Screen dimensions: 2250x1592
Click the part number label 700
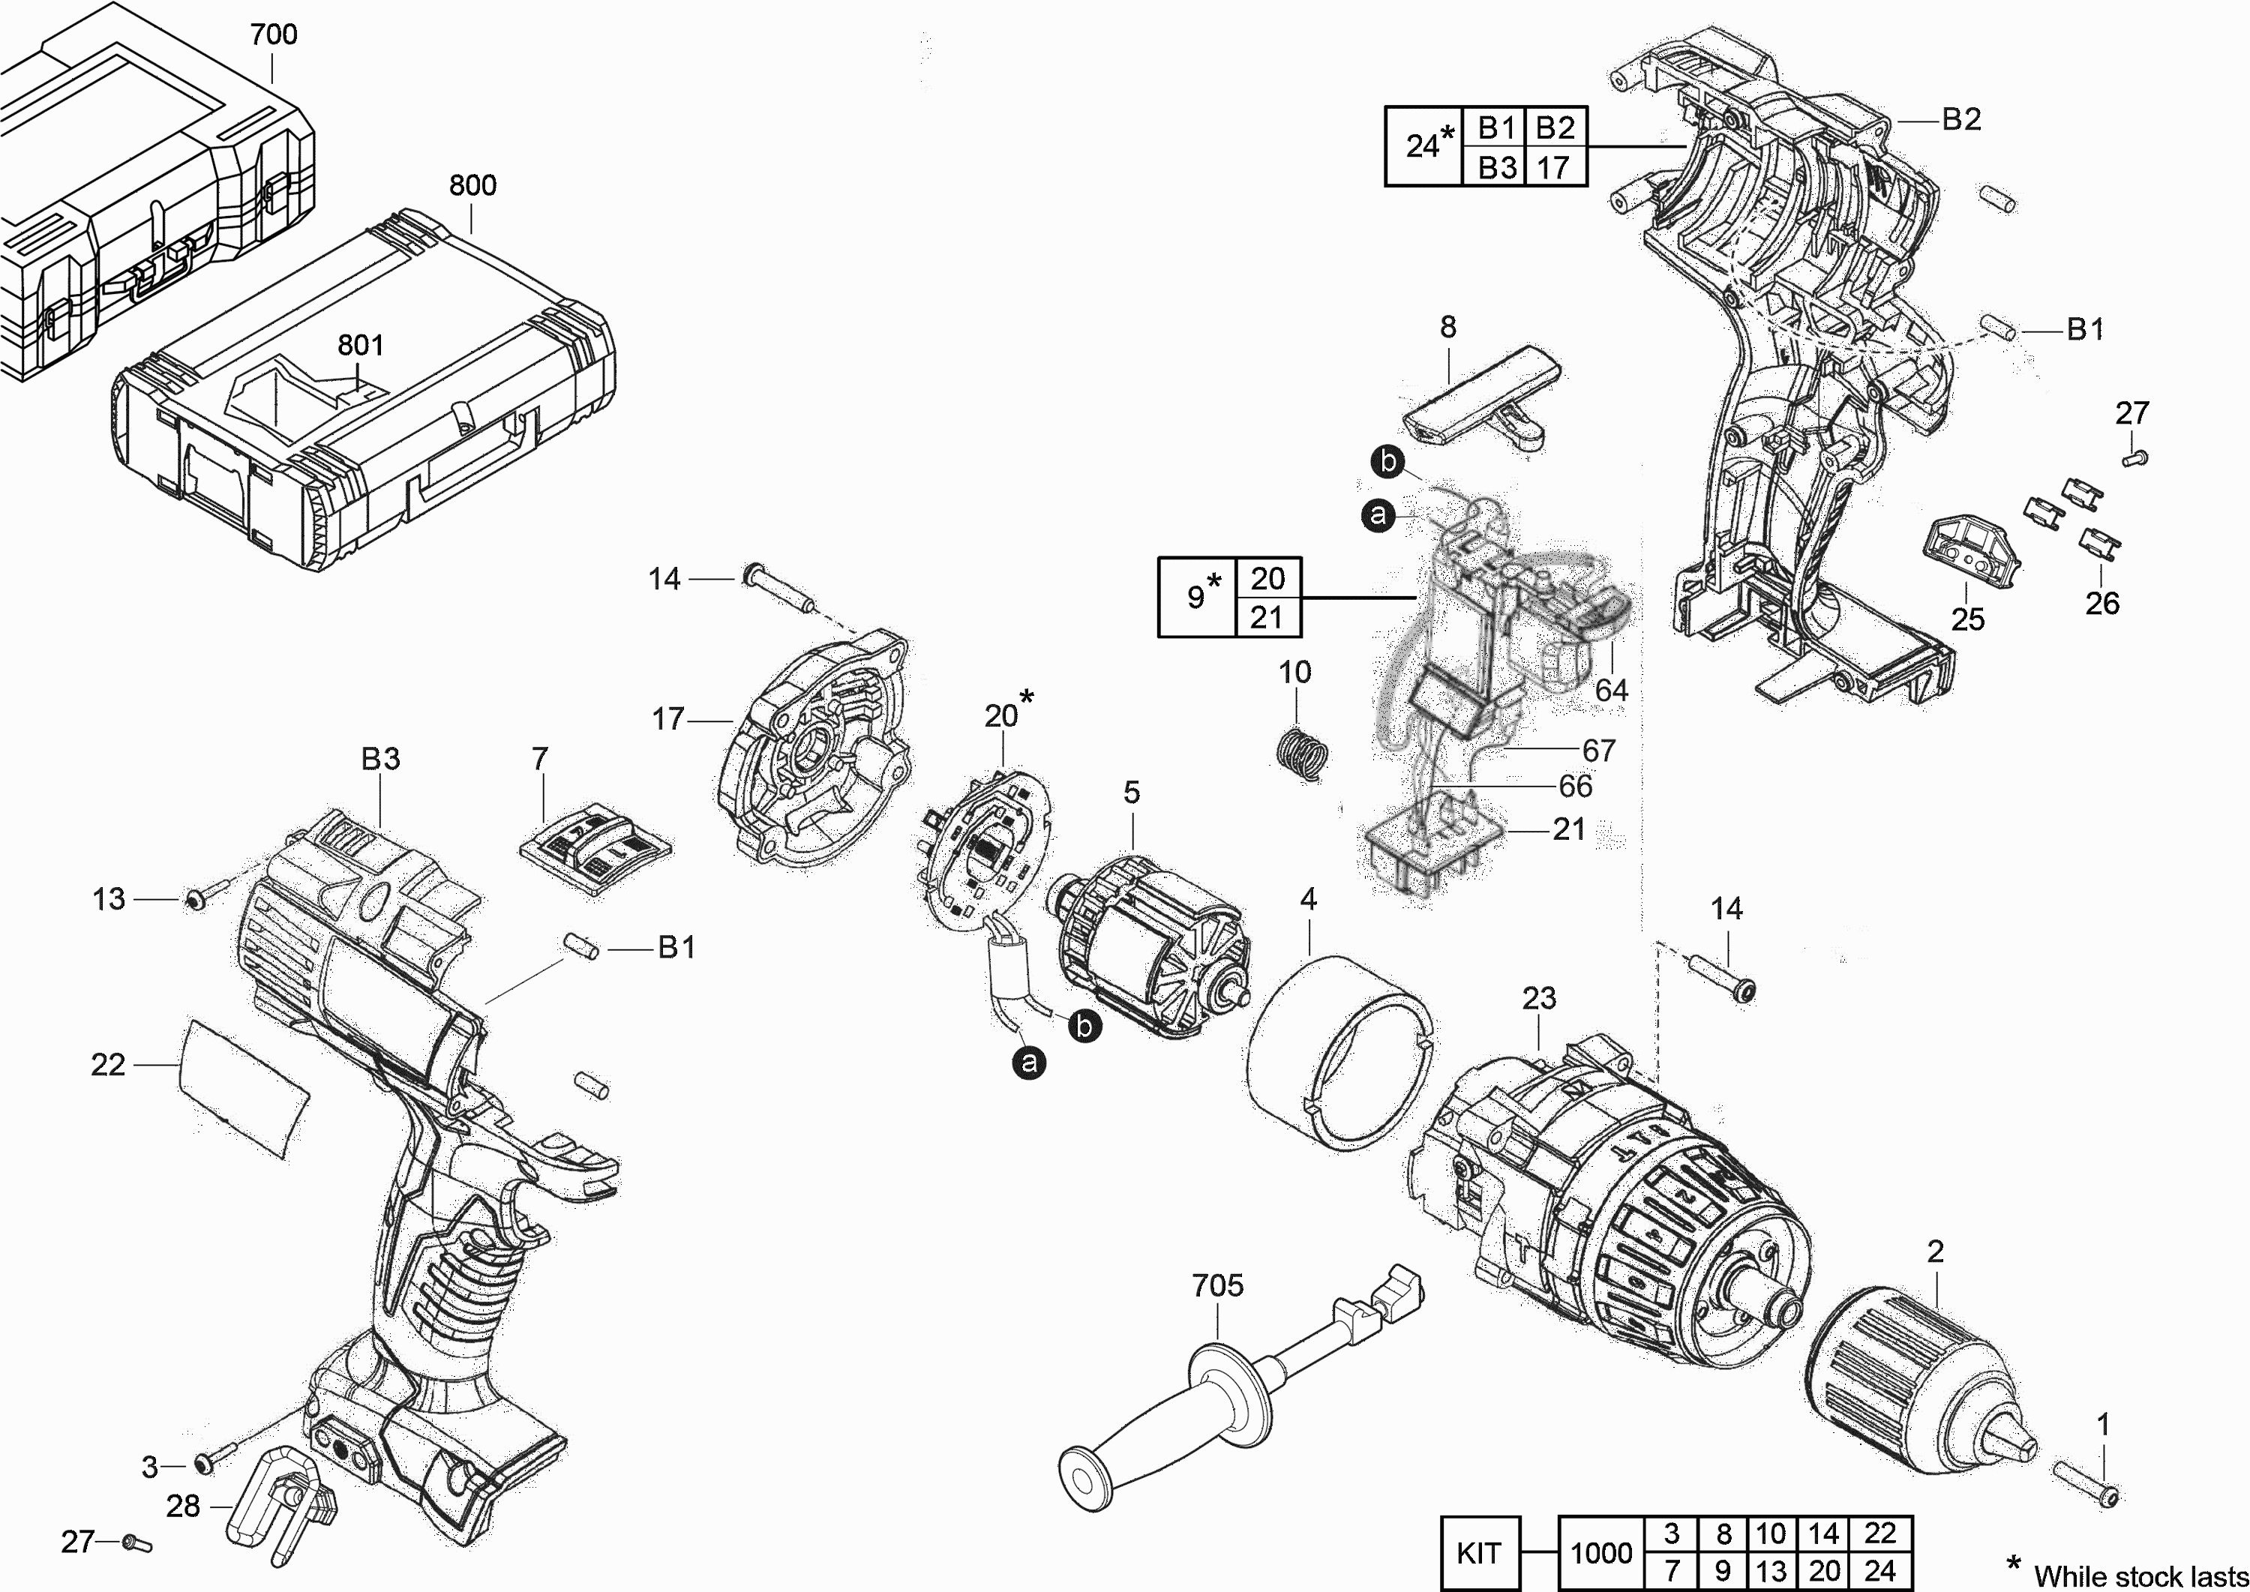[274, 34]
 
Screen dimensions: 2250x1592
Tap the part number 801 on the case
[361, 345]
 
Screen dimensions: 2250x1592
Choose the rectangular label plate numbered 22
[242, 1089]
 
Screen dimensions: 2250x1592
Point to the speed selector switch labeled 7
[595, 849]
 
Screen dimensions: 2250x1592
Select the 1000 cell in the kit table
[1601, 1553]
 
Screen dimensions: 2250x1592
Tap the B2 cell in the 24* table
[1555, 127]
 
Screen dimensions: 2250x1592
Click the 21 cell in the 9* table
[1267, 618]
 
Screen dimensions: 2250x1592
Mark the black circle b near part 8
[1388, 460]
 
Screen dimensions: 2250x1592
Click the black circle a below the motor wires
[1028, 1063]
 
